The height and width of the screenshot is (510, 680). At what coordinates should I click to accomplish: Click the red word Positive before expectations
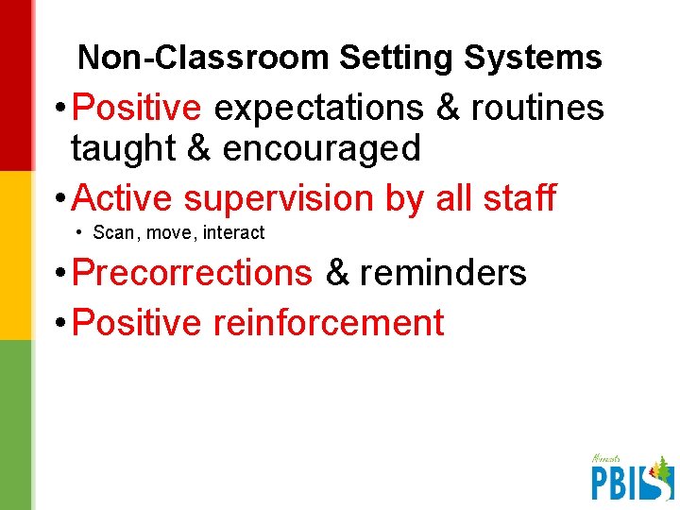(137, 108)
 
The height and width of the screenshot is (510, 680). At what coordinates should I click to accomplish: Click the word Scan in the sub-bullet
(113, 232)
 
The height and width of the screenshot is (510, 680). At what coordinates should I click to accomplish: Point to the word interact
(233, 232)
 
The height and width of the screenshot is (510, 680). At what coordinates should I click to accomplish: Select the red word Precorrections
(192, 273)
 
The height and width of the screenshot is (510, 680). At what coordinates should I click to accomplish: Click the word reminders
(443, 273)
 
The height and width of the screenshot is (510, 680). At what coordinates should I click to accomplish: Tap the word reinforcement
(329, 323)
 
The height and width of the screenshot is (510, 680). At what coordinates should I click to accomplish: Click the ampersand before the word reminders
(336, 273)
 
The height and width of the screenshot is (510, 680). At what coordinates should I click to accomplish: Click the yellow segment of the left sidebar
(16, 255)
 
